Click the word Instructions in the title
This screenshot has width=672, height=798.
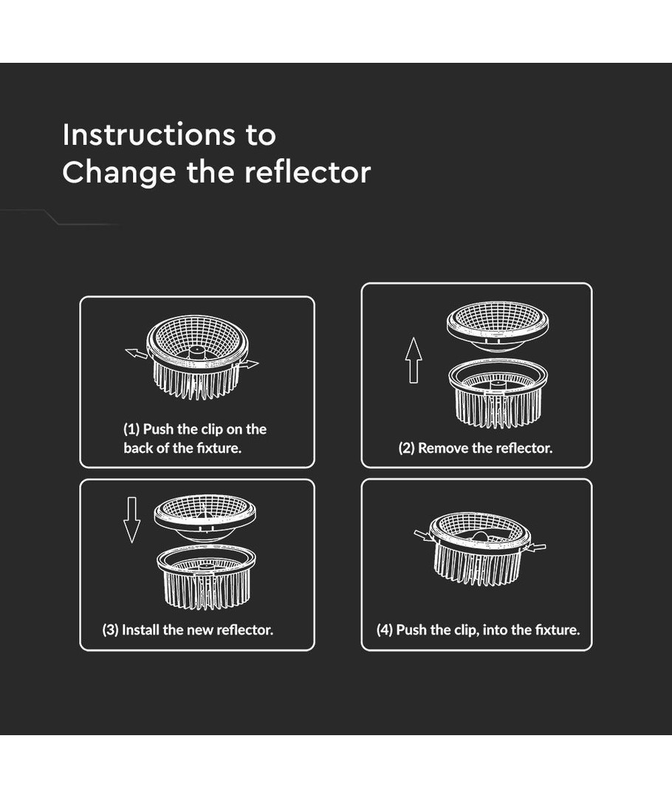(148, 134)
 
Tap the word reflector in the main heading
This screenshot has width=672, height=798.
(308, 172)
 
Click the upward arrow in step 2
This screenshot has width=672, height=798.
(414, 360)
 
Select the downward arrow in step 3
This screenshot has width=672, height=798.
(131, 519)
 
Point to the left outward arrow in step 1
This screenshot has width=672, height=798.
(137, 353)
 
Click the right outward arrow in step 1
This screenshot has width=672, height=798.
(247, 364)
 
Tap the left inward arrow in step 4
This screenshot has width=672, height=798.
(425, 536)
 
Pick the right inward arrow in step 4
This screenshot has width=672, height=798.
(535, 548)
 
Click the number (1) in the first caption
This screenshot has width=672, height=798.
(131, 429)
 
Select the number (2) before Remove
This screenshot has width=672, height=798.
(406, 448)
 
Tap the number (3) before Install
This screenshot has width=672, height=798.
(110, 630)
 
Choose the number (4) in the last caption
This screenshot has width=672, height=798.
(385, 630)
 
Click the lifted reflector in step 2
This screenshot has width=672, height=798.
(498, 326)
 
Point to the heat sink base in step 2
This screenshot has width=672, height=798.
(498, 393)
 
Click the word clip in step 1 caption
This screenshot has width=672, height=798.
(212, 429)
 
